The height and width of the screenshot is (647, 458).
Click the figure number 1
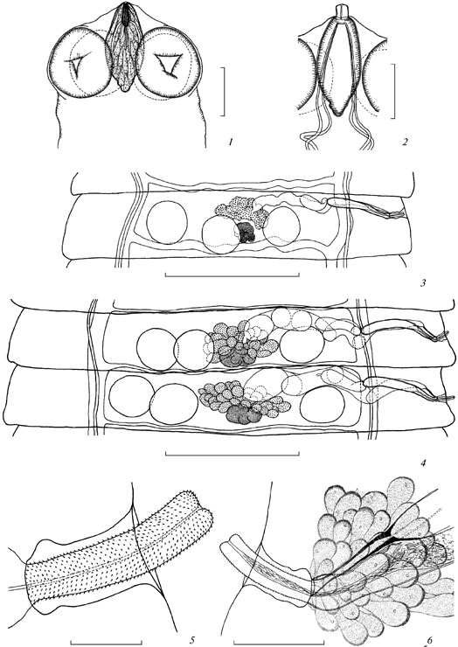click(x=230, y=143)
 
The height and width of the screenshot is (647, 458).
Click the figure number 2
click(x=405, y=143)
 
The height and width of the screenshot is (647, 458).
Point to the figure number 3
click(x=421, y=283)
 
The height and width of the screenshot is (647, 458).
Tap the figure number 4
click(x=421, y=463)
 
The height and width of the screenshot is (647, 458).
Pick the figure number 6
click(x=429, y=640)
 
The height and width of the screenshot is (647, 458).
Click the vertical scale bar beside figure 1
click(x=224, y=92)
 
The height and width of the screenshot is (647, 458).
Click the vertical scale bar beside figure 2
click(x=394, y=91)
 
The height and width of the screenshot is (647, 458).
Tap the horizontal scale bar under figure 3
click(x=232, y=274)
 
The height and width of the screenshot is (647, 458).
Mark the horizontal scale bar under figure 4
click(x=232, y=454)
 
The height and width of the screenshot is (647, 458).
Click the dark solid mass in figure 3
click(x=246, y=232)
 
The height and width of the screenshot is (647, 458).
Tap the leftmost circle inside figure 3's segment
click(x=167, y=223)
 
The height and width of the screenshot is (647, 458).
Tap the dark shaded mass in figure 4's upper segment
click(x=235, y=358)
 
